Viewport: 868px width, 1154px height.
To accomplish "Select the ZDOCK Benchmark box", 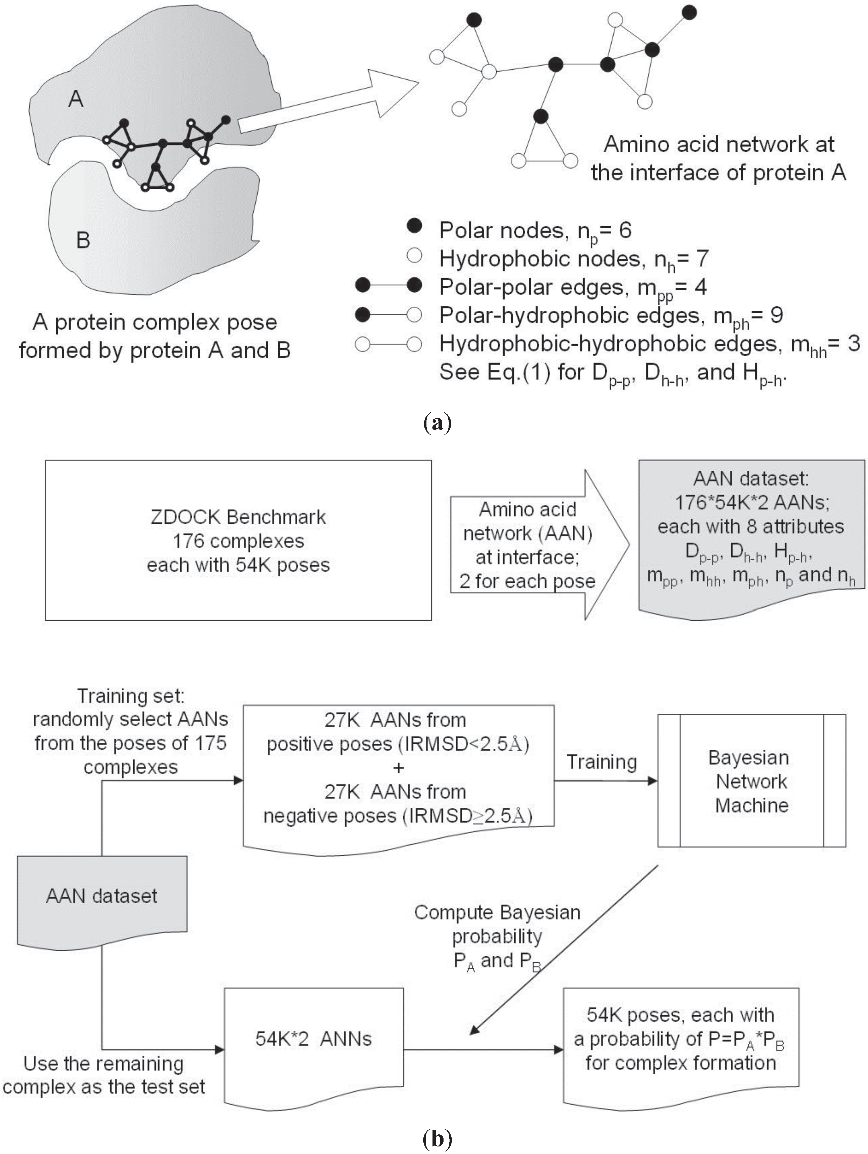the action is click(238, 540).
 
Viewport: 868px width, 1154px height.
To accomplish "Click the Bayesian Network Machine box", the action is click(751, 781).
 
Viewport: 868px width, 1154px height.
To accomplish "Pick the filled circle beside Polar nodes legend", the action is click(414, 226).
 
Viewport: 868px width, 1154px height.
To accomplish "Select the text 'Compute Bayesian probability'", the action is click(497, 924).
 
